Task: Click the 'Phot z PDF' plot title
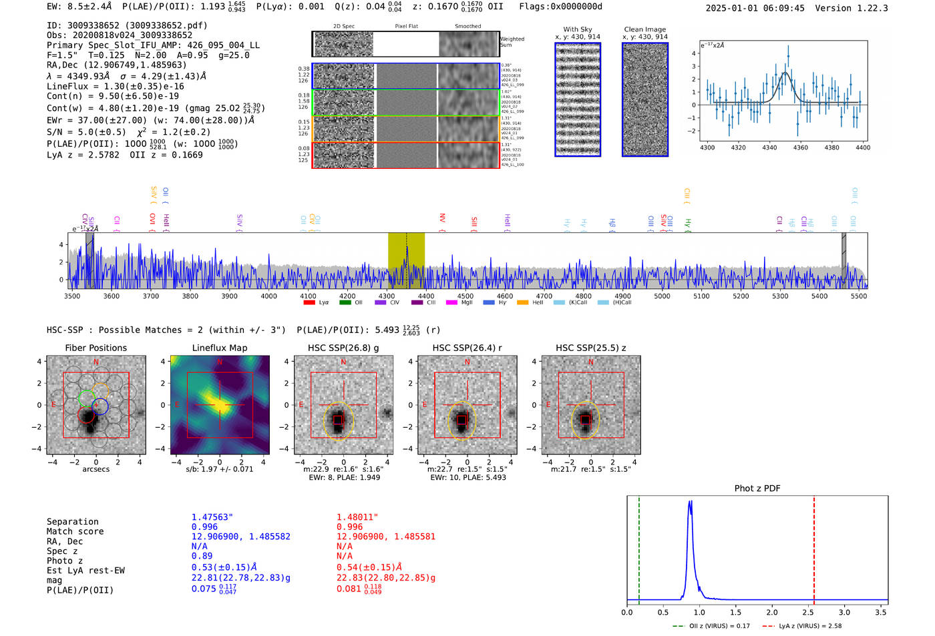(757, 489)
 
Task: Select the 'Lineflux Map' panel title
(220, 348)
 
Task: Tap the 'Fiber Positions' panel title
(96, 348)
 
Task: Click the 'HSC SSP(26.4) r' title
(467, 348)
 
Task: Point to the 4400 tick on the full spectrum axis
(425, 296)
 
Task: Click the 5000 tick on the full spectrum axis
(662, 296)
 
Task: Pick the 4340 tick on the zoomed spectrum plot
(769, 147)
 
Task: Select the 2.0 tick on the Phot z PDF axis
(772, 612)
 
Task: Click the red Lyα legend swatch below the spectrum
(309, 303)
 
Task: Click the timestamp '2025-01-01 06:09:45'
(755, 8)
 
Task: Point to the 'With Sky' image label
(578, 29)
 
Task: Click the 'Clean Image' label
(644, 29)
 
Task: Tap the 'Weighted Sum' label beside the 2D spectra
(512, 42)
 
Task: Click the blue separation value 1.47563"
(212, 517)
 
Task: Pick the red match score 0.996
(349, 527)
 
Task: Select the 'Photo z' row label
(64, 561)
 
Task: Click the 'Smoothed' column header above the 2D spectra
(467, 27)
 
